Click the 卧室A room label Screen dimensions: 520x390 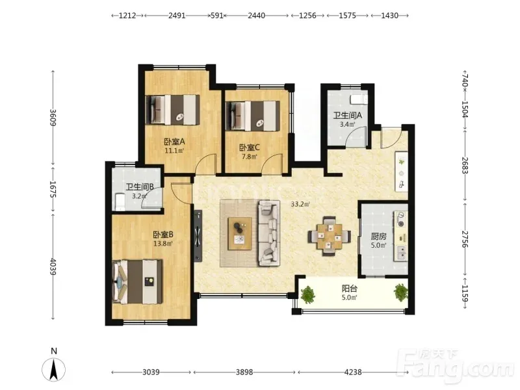(x=174, y=142)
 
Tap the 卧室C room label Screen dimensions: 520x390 (x=250, y=148)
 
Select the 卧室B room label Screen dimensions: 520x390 (x=163, y=235)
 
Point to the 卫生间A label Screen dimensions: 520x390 (x=348, y=116)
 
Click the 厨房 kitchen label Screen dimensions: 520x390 (x=378, y=237)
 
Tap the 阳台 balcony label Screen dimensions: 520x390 (x=349, y=289)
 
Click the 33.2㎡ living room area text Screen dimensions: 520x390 (x=300, y=204)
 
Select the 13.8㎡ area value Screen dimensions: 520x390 (x=163, y=244)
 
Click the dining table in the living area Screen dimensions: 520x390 (x=329, y=236)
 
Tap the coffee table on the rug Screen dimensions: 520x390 (x=239, y=233)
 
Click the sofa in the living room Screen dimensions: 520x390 (x=269, y=233)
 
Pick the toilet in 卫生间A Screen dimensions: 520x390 (x=359, y=99)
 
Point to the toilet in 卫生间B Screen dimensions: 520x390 (x=120, y=202)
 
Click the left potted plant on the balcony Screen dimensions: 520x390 (x=308, y=294)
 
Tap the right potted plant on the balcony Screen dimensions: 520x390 (x=401, y=292)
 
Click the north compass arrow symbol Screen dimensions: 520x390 (x=53, y=369)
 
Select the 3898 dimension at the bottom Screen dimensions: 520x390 (x=244, y=372)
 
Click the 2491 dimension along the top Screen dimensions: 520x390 (x=177, y=15)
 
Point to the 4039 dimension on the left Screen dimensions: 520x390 (x=53, y=266)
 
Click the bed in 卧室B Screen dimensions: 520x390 (x=137, y=281)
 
